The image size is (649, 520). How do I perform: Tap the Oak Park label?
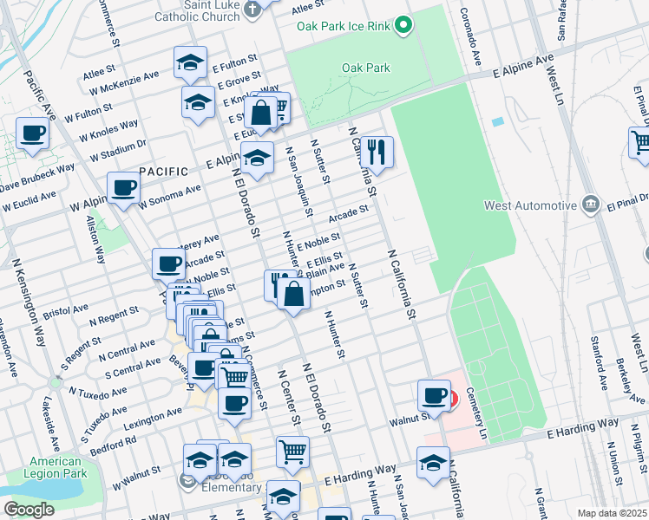(365, 68)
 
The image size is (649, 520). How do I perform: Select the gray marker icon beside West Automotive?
(591, 205)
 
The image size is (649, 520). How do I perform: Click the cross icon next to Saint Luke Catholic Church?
(252, 10)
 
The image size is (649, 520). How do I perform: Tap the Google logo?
(29, 510)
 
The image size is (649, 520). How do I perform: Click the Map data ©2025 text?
(613, 513)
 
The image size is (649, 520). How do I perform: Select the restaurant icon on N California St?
(377, 152)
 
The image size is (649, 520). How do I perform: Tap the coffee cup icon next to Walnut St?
(434, 395)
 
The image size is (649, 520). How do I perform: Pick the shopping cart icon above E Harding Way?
(293, 451)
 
